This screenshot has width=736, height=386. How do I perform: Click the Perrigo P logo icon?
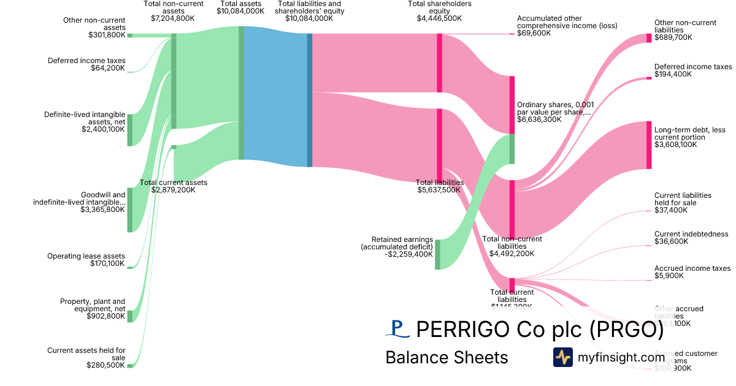coord(397,329)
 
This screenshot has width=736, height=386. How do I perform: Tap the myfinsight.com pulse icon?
coord(562,357)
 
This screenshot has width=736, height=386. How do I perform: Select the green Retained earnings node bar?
coord(437,254)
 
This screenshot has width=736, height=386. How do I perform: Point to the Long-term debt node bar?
coord(649,145)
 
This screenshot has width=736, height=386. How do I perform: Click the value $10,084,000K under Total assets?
coord(241,11)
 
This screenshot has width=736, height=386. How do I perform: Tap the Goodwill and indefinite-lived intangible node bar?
coord(130,210)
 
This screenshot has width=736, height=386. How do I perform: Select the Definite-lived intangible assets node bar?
coord(130,129)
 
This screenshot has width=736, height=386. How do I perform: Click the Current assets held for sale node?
coord(130,366)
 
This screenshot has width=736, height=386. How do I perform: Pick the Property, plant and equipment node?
coord(130,316)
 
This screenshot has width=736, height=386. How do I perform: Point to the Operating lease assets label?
coord(86,256)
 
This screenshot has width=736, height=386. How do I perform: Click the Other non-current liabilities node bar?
coord(649,38)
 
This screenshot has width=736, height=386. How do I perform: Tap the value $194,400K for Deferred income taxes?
coord(673,74)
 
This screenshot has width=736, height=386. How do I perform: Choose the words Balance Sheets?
coord(447,358)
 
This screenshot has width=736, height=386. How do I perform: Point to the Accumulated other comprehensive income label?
coord(567,22)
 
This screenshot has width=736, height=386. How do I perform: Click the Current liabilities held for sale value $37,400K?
coord(671,210)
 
